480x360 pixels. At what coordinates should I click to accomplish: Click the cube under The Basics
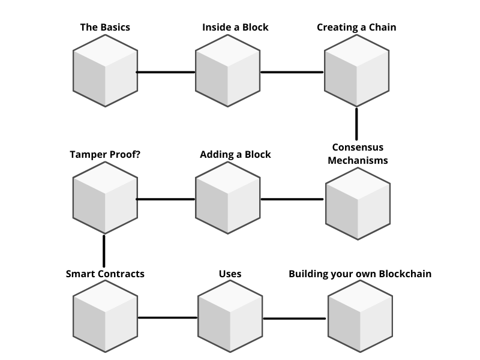point(106,71)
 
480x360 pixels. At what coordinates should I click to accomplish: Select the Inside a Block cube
point(228,71)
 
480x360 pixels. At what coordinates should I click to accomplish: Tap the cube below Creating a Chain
point(356,71)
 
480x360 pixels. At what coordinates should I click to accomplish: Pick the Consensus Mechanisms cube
point(358,204)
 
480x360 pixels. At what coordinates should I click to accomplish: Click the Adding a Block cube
point(228,198)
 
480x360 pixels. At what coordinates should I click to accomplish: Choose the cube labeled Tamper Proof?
point(106,198)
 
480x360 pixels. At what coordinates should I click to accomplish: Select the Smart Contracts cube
point(106,316)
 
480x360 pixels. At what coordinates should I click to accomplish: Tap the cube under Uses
point(230,316)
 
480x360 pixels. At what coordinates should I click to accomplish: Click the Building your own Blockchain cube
point(361,316)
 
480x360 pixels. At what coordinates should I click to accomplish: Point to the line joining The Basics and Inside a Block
point(166,72)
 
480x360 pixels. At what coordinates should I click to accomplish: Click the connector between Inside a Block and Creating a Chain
point(292,72)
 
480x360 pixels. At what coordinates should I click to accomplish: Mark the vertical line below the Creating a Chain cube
point(356,124)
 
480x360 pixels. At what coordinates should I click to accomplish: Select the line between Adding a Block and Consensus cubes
point(292,199)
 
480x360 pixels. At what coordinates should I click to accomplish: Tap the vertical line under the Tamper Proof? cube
point(104,251)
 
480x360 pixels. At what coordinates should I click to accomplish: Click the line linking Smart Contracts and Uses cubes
point(168,318)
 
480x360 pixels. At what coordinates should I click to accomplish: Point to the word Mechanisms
point(358,160)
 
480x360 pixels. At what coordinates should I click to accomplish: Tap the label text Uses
point(230,274)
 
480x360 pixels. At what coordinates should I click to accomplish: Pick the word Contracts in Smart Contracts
point(124,274)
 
